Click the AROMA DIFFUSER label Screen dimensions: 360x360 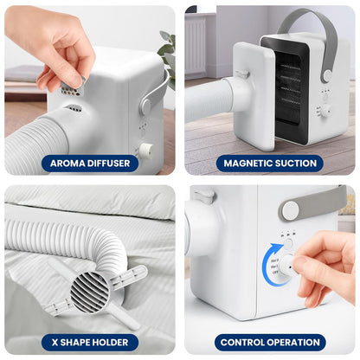pyautogui.click(x=90, y=163)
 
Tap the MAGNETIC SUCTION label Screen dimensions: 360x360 pyautogui.click(x=270, y=163)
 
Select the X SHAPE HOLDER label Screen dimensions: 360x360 pyautogui.click(x=90, y=343)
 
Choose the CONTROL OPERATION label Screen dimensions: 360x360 pyautogui.click(x=270, y=343)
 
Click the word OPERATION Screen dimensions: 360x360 pyautogui.click(x=293, y=343)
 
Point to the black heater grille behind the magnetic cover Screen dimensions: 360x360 pyautogui.click(x=294, y=78)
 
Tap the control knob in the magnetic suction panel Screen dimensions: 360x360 pyautogui.click(x=325, y=111)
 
